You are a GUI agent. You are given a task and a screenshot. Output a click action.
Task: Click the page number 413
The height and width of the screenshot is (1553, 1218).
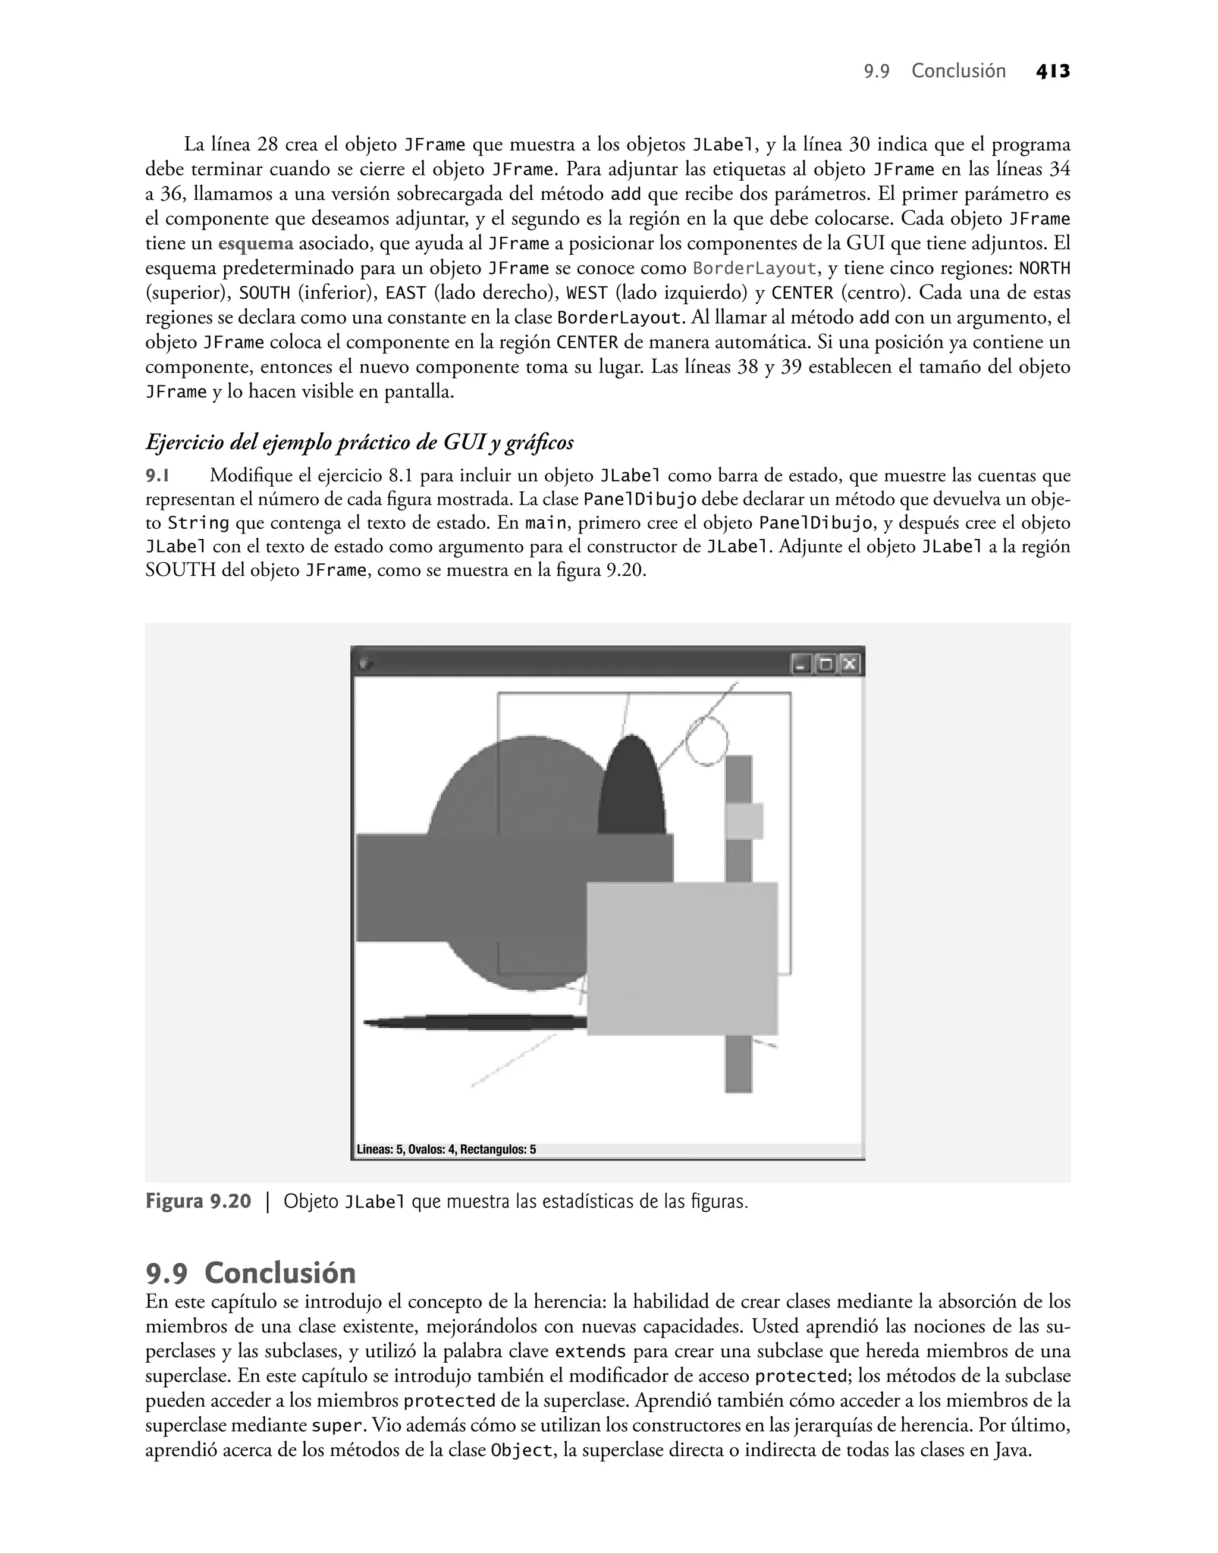[x=1053, y=71]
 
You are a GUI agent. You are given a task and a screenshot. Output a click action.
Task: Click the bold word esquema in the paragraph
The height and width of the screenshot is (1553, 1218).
[x=255, y=244]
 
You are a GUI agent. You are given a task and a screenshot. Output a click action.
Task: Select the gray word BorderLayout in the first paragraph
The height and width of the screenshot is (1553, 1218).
[x=755, y=269]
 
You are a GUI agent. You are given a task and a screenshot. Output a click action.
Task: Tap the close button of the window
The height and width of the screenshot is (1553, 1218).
[x=849, y=664]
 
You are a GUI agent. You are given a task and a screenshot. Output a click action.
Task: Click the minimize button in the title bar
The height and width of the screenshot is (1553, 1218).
[x=802, y=664]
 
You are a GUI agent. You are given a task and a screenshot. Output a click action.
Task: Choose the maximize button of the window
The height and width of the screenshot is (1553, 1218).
[x=826, y=664]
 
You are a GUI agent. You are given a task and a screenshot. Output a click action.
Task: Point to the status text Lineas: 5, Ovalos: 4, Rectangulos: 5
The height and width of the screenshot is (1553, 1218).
[x=447, y=1149]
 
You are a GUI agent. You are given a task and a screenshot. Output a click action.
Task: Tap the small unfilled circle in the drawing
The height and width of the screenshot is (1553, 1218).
[x=707, y=742]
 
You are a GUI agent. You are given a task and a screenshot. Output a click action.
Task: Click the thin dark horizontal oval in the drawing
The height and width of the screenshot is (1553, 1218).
[x=474, y=1022]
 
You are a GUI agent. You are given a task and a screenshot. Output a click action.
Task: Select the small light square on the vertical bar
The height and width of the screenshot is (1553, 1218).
[x=745, y=821]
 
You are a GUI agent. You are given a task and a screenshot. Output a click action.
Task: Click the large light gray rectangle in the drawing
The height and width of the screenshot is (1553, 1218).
[x=682, y=958]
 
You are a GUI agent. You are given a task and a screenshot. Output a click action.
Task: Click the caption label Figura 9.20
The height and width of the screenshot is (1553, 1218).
[x=198, y=1201]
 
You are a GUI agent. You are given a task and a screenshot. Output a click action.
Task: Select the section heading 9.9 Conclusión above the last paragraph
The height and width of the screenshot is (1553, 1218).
[x=250, y=1273]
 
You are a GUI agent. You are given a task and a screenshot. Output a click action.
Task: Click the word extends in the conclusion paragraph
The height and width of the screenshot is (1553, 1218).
[x=590, y=1351]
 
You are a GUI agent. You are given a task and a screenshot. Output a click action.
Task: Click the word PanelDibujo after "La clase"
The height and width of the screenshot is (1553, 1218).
[x=640, y=499]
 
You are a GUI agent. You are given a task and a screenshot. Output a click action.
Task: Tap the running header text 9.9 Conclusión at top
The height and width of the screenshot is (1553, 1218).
[x=934, y=71]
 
